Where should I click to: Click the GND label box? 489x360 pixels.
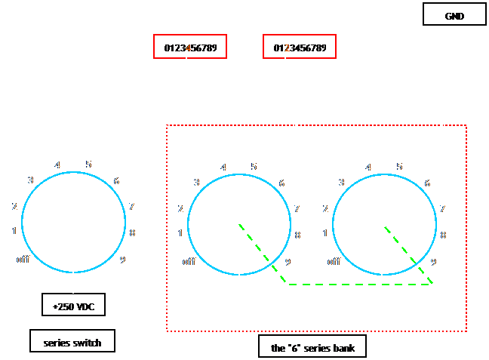click(x=454, y=14)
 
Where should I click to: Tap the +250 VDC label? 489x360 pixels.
click(x=73, y=306)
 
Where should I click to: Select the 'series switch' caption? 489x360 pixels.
click(x=72, y=341)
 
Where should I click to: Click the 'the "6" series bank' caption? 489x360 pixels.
click(x=318, y=347)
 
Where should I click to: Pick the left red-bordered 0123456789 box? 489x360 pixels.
click(x=190, y=48)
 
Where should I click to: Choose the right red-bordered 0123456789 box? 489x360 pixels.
click(x=300, y=48)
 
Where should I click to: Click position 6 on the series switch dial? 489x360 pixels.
click(x=117, y=180)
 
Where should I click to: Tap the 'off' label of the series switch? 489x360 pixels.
click(x=23, y=260)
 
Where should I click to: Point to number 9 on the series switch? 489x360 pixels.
click(x=122, y=260)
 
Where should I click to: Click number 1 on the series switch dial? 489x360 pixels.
click(x=14, y=231)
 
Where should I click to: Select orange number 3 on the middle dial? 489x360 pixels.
click(x=196, y=183)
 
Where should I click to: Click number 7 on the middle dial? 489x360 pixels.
click(x=297, y=208)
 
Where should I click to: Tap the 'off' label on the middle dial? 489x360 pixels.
click(x=189, y=262)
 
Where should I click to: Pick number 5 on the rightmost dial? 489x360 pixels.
click(x=399, y=167)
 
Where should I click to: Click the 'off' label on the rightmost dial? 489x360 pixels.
click(x=334, y=262)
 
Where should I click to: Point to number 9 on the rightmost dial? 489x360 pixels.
click(x=433, y=262)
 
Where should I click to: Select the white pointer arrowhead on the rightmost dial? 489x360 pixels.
click(x=432, y=212)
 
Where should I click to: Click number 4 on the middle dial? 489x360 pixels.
click(x=223, y=168)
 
